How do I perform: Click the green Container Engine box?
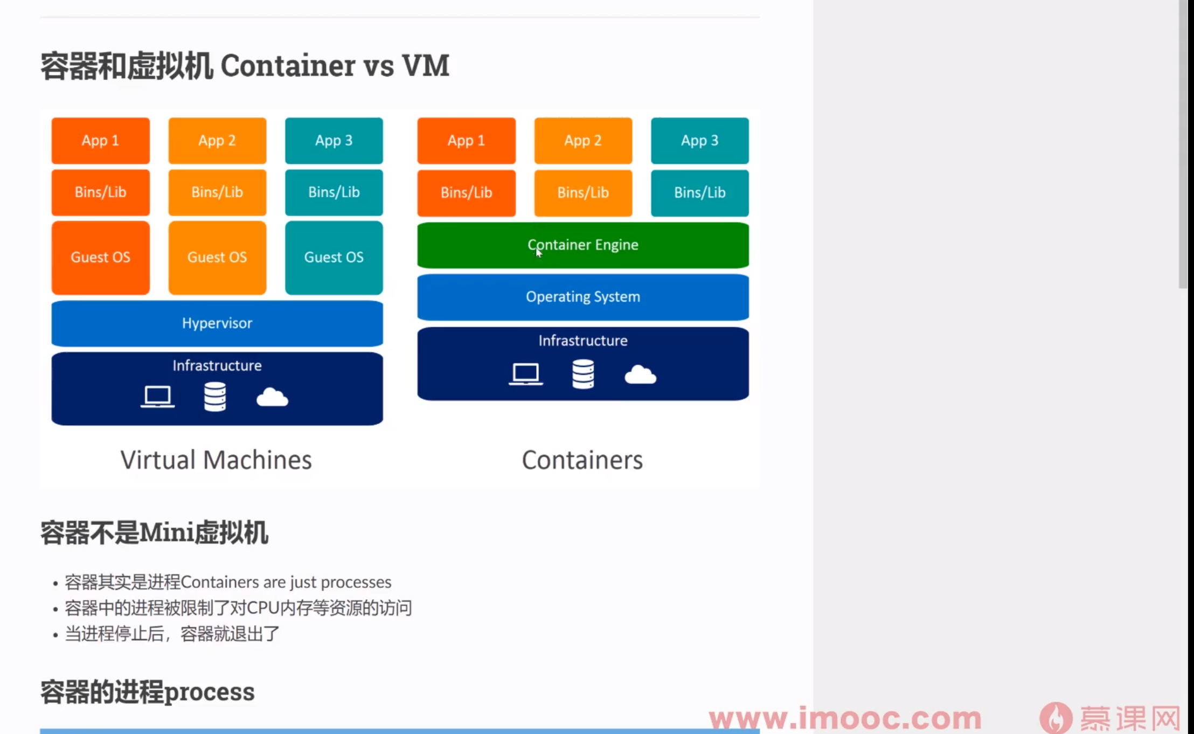click(x=583, y=245)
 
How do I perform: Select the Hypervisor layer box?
click(x=217, y=323)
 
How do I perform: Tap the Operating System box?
click(x=583, y=297)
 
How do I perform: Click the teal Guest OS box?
click(x=334, y=258)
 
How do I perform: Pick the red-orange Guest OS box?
click(x=101, y=258)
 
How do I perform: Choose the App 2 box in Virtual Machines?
click(x=217, y=141)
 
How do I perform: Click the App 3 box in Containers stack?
click(x=700, y=141)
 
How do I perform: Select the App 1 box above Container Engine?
click(x=466, y=141)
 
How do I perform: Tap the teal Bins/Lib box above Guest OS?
click(x=334, y=192)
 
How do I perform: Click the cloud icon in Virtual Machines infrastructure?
click(x=272, y=398)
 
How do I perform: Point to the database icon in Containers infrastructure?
click(x=583, y=374)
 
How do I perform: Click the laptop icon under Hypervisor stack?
click(x=157, y=397)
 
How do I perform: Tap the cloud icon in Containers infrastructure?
click(x=640, y=375)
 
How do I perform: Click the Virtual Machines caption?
click(x=216, y=460)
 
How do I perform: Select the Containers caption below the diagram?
click(x=582, y=460)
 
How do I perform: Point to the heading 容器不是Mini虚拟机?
click(x=154, y=533)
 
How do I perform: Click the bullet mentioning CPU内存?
click(x=238, y=608)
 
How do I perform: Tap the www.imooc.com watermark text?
click(x=845, y=718)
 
